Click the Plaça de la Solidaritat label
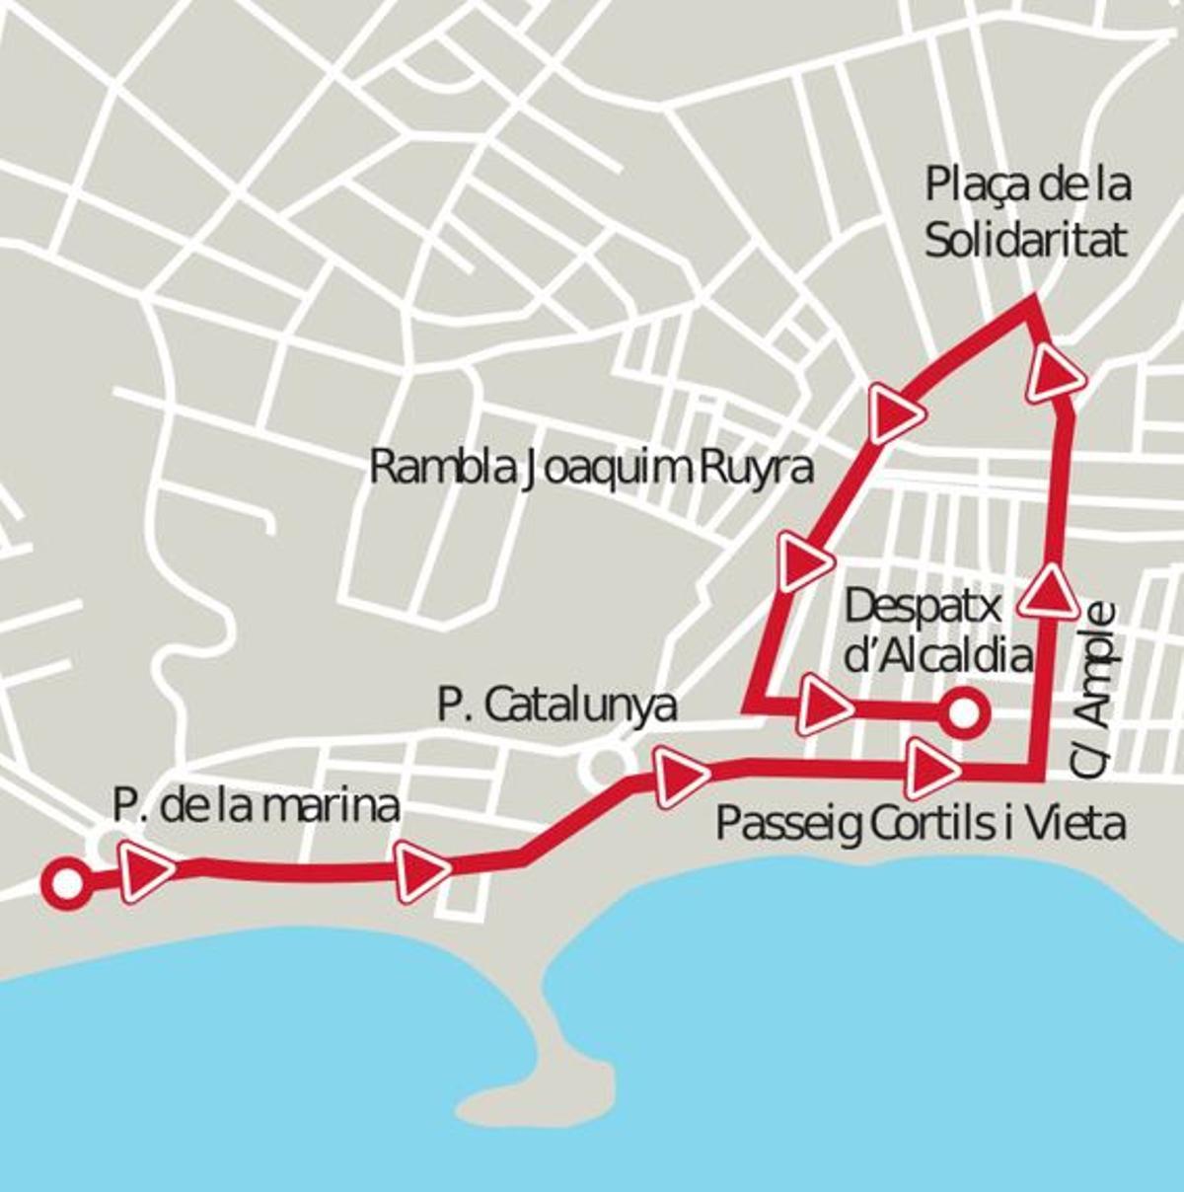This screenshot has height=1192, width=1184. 1026,212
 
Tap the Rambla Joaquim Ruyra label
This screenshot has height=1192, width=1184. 590,468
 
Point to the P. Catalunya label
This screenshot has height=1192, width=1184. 557,706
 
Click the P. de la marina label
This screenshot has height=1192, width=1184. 256,806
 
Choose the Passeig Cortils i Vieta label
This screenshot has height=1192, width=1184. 920,822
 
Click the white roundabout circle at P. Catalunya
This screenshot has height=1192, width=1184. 603,763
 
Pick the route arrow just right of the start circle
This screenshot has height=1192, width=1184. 148,870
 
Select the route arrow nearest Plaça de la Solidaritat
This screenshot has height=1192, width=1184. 1056,374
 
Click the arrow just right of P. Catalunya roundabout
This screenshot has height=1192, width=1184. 680,777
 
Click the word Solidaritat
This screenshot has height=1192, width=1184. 1026,240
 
